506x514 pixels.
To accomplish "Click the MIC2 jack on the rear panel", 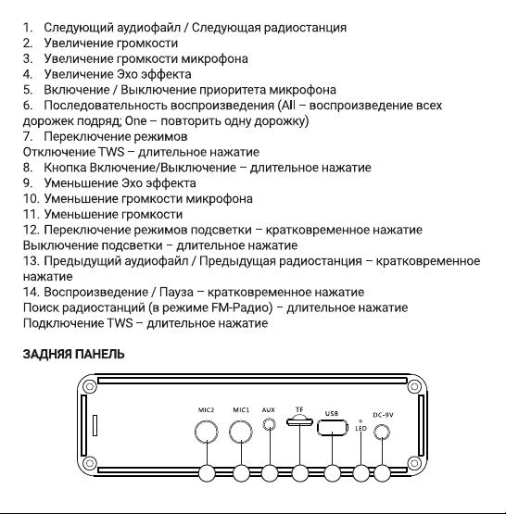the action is [x=207, y=432].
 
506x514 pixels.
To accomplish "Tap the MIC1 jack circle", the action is [x=241, y=432].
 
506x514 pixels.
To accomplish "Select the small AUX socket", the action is [x=270, y=425].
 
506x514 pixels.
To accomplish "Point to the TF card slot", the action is [x=299, y=421].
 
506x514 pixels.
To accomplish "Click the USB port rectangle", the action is [x=332, y=428].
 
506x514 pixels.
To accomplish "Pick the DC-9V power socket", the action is [x=382, y=432].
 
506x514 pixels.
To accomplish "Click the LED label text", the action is [x=361, y=428].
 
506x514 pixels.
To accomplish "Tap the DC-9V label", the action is [x=383, y=415].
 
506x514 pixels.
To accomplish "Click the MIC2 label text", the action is [x=207, y=409].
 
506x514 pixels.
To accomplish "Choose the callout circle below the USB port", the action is [x=332, y=473].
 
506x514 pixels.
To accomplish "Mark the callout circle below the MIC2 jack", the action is [x=207, y=473].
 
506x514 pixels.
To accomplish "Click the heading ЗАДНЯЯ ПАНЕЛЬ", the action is [x=73, y=355].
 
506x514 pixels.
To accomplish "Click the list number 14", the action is [x=31, y=292].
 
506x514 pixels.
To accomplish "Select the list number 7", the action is [x=28, y=136].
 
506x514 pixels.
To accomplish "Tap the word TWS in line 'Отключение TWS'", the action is [x=111, y=152].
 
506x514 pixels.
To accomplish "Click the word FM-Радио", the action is [x=240, y=307].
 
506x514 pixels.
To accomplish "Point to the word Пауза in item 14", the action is [x=176, y=292].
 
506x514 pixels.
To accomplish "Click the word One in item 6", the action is [x=135, y=121].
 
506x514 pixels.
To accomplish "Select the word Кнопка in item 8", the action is [x=65, y=168].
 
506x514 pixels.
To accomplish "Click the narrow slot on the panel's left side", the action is [x=95, y=425].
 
